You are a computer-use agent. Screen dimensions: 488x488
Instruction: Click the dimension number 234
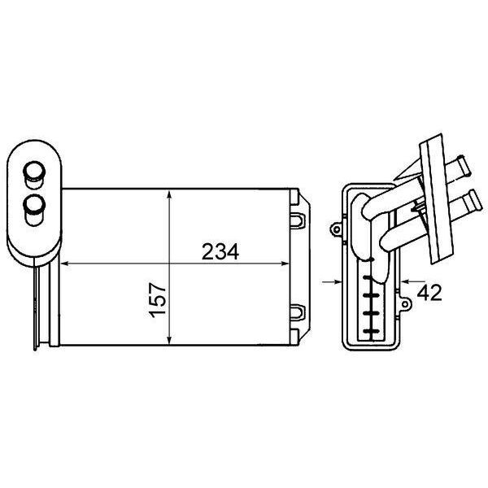220,251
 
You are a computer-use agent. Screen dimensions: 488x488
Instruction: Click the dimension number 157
158,300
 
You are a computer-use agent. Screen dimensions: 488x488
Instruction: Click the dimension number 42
429,293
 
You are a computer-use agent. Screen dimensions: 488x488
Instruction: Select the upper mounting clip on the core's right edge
298,220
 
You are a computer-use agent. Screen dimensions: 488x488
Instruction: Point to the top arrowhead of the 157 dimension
169,195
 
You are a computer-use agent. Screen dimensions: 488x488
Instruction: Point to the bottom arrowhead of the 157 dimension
169,340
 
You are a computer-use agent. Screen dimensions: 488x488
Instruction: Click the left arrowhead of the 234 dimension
65,264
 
